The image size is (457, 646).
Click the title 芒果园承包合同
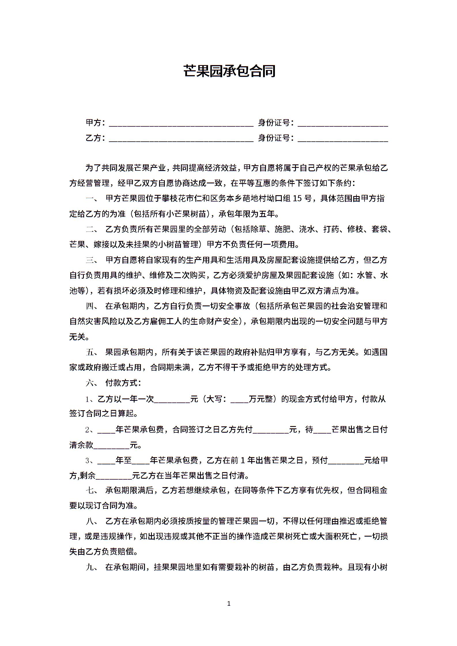tap(229, 71)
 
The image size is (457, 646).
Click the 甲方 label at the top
tap(94, 123)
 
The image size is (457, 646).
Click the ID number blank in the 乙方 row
tap(343, 139)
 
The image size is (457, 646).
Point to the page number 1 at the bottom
tap(229, 603)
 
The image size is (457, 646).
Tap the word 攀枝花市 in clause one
tap(178, 199)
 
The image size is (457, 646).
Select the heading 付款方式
tap(123, 383)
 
